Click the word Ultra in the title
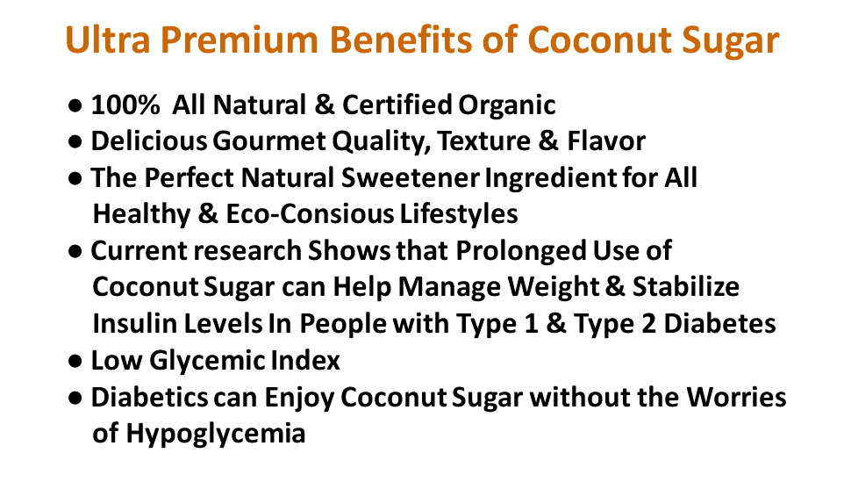tap(108, 40)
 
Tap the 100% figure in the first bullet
tap(125, 104)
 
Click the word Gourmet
tap(269, 141)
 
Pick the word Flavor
tap(606, 141)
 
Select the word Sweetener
tap(411, 177)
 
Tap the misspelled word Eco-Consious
tap(310, 214)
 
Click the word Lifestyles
tap(459, 215)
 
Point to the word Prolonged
tap(521, 251)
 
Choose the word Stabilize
tap(686, 287)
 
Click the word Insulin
tap(135, 324)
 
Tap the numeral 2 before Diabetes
tap(648, 324)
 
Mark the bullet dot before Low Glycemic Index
tap(75, 362)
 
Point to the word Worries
tap(736, 398)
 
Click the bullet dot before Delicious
tap(75, 142)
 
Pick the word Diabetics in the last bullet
tap(149, 398)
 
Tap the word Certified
tap(397, 104)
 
